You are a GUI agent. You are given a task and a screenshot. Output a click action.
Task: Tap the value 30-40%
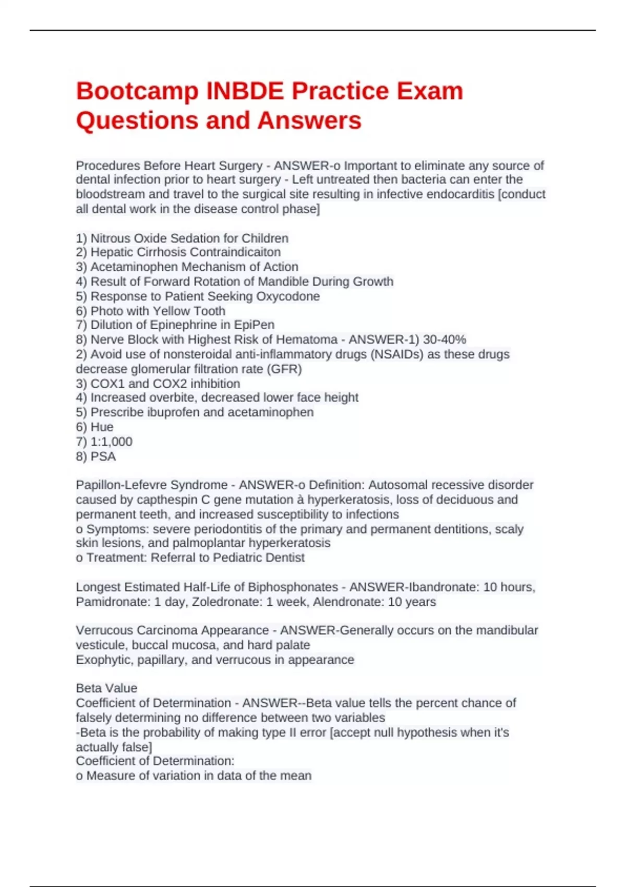[x=444, y=340]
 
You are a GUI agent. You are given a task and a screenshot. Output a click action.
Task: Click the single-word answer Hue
[x=102, y=427]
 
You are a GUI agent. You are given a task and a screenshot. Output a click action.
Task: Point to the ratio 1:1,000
[x=111, y=441]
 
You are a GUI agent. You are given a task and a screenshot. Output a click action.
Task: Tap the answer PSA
[x=103, y=457]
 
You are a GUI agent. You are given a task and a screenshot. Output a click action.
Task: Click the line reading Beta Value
[x=106, y=688]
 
